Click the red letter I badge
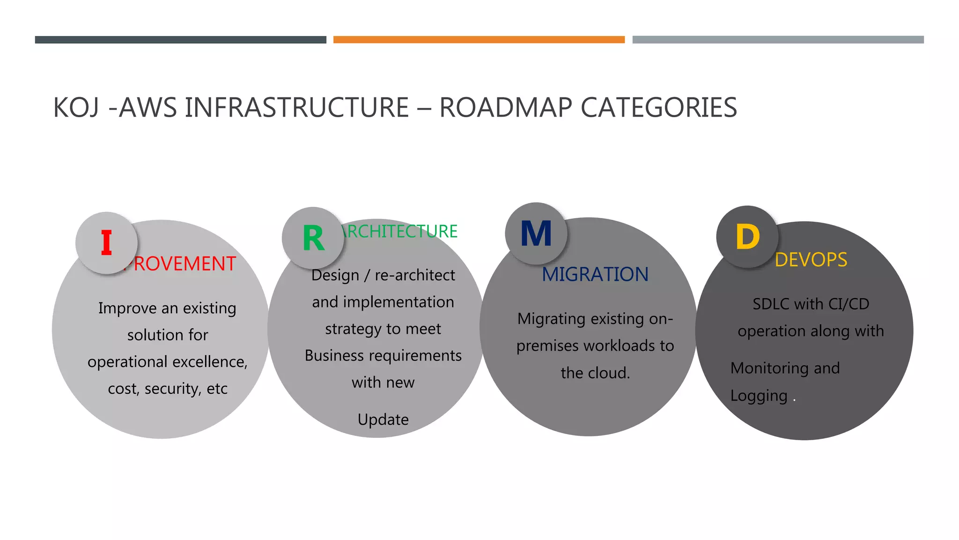(x=107, y=243)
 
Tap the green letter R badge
(x=313, y=238)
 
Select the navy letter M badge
(x=536, y=233)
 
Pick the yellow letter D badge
(x=747, y=237)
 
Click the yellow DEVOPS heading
(x=811, y=260)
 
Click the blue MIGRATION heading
(x=595, y=274)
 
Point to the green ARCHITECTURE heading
(x=400, y=231)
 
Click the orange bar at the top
(x=479, y=40)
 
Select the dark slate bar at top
(x=180, y=40)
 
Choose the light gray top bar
(x=778, y=40)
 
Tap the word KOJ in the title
(x=76, y=107)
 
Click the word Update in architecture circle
(x=383, y=419)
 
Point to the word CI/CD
(x=848, y=304)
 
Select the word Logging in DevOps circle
(x=759, y=396)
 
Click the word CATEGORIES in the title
(x=659, y=107)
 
